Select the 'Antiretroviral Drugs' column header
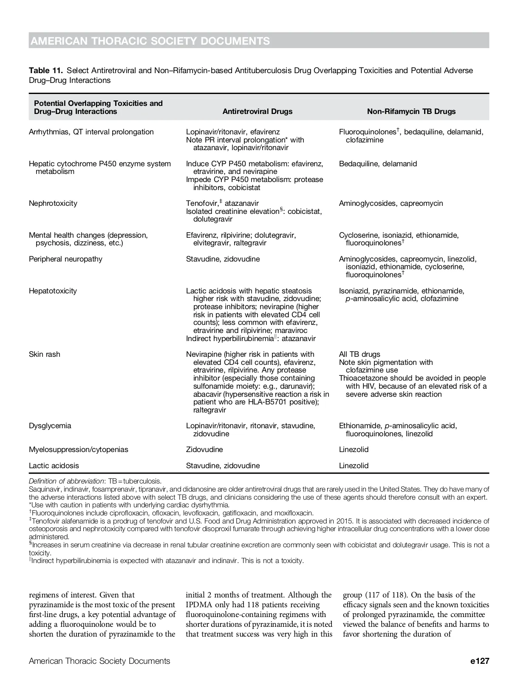pyautogui.click(x=258, y=111)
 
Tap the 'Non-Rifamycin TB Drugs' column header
pyautogui.click(x=411, y=111)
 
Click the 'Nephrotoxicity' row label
pyautogui.click(x=53, y=203)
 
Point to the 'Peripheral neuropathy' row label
pyautogui.click(x=65, y=259)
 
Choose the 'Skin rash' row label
pyautogui.click(x=45, y=354)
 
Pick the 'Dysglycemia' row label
pyautogui.click(x=50, y=426)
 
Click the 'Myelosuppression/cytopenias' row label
pyautogui.click(x=79, y=449)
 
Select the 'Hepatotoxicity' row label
pyautogui.click(x=53, y=291)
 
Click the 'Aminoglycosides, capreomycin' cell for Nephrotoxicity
pyautogui.click(x=391, y=203)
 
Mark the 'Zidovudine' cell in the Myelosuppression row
pyautogui.click(x=204, y=449)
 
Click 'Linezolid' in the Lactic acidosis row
pyautogui.click(x=354, y=466)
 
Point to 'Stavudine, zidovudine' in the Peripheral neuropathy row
pyautogui.click(x=223, y=259)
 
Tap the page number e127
pyautogui.click(x=480, y=661)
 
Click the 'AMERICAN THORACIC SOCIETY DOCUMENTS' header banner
pyautogui.click(x=150, y=41)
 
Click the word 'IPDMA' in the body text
pyautogui.click(x=198, y=605)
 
